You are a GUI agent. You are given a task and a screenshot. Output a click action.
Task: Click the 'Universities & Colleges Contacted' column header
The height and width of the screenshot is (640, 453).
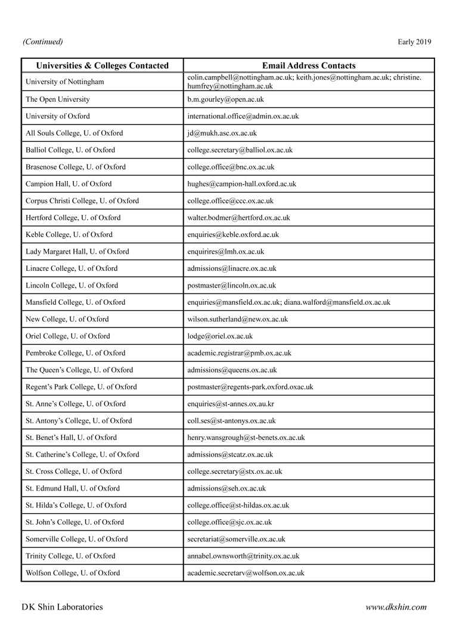pos(103,65)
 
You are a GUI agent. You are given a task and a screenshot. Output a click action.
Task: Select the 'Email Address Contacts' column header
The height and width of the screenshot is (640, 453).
pos(309,65)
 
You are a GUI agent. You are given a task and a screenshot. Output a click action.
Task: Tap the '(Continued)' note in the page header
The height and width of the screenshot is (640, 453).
pos(42,42)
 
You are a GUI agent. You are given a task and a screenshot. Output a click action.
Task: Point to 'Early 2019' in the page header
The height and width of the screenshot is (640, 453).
pos(414,42)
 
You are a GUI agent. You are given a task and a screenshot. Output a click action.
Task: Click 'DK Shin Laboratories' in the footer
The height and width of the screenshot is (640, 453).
pos(62,607)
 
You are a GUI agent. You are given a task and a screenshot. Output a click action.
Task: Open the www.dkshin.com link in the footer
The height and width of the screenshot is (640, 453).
pos(396,607)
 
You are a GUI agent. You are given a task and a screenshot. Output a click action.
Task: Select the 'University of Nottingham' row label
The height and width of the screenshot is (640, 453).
pos(64,82)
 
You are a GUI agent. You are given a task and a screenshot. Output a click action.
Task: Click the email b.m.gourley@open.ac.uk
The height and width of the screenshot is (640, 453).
pos(225,99)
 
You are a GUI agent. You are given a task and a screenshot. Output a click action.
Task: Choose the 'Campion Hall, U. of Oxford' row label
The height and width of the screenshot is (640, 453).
pos(69,184)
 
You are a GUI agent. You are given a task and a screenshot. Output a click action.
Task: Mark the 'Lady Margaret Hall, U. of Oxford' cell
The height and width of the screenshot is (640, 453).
pos(77,252)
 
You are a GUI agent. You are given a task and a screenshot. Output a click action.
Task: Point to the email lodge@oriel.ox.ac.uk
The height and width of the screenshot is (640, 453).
pos(220,336)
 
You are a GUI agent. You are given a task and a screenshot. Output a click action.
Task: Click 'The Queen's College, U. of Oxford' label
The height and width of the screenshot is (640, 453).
pos(79,370)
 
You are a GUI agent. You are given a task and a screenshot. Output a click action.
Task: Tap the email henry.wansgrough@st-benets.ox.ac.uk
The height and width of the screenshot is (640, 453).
pos(246,438)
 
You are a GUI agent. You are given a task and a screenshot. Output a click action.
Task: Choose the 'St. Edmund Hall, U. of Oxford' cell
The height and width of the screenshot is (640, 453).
pos(73,489)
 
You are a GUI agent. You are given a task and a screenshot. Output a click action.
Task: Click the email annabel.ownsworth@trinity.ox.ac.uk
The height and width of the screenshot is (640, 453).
pos(243,556)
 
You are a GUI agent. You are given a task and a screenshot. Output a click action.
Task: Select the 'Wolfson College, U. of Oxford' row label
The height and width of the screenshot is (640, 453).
pos(73,573)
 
